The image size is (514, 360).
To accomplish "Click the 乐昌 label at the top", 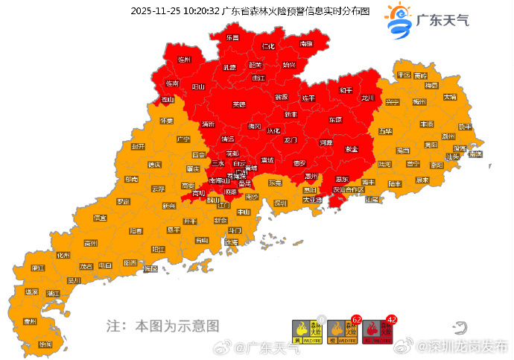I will [232, 37].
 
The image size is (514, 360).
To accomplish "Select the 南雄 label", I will [306, 44].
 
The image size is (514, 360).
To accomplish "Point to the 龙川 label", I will [367, 98].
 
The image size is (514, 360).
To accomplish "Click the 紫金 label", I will [351, 149].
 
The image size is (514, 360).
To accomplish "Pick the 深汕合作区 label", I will [349, 190].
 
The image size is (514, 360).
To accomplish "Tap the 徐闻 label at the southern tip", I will [45, 344].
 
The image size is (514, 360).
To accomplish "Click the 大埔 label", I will [450, 97].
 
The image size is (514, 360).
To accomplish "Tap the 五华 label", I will [385, 131].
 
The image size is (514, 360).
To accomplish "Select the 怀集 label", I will [165, 121].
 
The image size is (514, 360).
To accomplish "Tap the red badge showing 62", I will [356, 320].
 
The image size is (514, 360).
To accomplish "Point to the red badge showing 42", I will [392, 320].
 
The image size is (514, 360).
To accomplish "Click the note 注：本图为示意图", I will [162, 326].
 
